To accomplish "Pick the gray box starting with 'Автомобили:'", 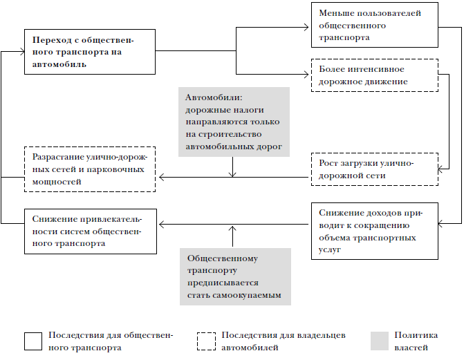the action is point(234,122).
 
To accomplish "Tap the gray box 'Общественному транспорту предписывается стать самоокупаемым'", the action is point(235,276).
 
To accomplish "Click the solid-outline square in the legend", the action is point(33,341).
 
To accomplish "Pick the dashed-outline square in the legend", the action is point(206,341).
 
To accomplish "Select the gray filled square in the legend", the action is point(380,341).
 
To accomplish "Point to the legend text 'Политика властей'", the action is point(416,341).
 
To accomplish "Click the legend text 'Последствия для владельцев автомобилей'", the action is point(284,341).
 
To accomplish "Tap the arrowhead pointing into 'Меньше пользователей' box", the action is point(306,27).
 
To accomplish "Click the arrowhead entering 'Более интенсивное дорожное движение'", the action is point(306,74).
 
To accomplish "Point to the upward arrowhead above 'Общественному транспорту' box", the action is point(232,229).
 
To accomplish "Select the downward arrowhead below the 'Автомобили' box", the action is point(232,175).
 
